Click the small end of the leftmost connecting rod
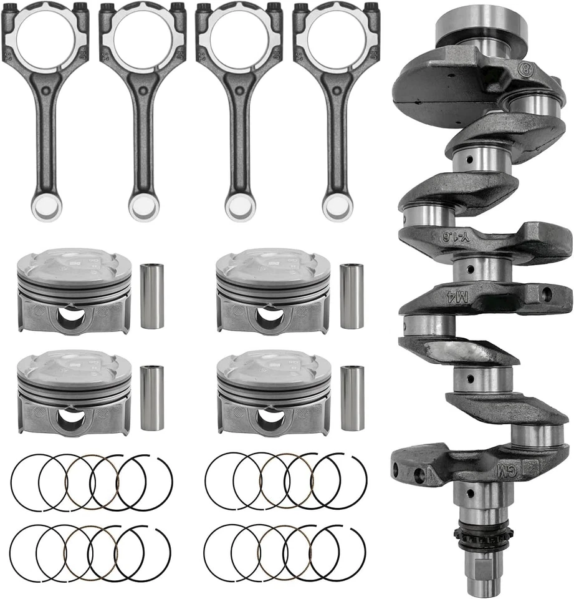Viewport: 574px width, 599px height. (46, 205)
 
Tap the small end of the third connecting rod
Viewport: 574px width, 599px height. (240, 205)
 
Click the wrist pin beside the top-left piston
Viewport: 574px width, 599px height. (152, 296)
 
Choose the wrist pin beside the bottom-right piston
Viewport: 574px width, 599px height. (352, 398)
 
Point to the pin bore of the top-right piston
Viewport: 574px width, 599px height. (270, 316)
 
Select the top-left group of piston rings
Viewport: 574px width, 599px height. (91, 482)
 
